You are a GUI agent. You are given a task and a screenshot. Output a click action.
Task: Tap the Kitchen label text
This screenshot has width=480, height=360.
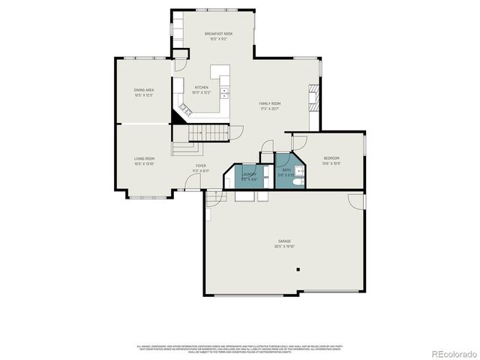pos(201,87)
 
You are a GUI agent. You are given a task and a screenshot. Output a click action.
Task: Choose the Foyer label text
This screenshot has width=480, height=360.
pos(201,166)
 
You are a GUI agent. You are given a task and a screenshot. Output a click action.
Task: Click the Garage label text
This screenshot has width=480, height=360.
pos(284,241)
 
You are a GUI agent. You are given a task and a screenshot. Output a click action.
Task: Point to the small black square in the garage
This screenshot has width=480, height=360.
pos(298,268)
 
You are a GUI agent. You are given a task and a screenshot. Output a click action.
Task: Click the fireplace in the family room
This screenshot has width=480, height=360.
pos(313,97)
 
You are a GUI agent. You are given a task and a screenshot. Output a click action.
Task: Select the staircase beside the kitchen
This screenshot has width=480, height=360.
pos(209,133)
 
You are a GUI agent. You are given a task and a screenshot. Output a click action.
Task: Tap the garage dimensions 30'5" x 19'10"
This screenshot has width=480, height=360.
pos(284,246)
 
